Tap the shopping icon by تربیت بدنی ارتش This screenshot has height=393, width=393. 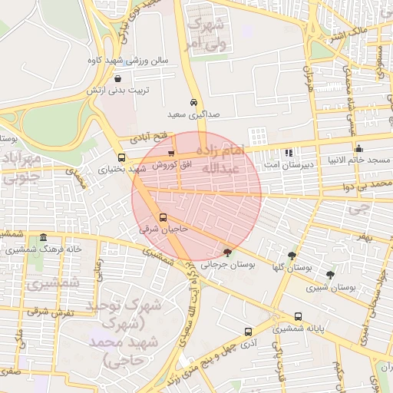(117, 78)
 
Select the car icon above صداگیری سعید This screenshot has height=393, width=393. (193, 101)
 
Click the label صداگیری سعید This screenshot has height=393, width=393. (193, 114)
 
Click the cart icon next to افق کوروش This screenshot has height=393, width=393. (171, 154)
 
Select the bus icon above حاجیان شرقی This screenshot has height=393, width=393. (162, 217)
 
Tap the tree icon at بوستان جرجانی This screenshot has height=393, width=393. (226, 252)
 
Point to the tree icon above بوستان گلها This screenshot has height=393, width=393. (292, 256)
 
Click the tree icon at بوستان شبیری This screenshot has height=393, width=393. (330, 275)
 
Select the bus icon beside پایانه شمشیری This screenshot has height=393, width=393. (298, 316)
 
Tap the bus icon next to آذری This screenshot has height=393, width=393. (247, 332)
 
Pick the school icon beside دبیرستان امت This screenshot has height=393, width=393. (289, 153)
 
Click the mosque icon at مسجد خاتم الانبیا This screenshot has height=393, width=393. (358, 148)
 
